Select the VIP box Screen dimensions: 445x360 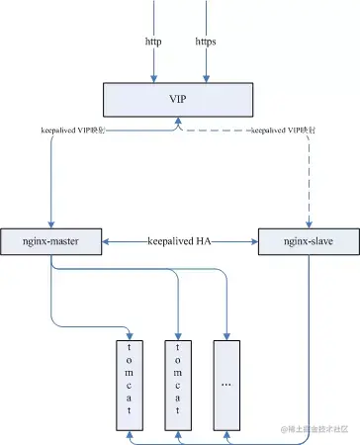(179, 99)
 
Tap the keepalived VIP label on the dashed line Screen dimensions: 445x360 (285, 130)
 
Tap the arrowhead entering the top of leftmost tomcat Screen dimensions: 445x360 (131, 333)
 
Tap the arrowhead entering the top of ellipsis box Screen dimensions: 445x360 (228, 333)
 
